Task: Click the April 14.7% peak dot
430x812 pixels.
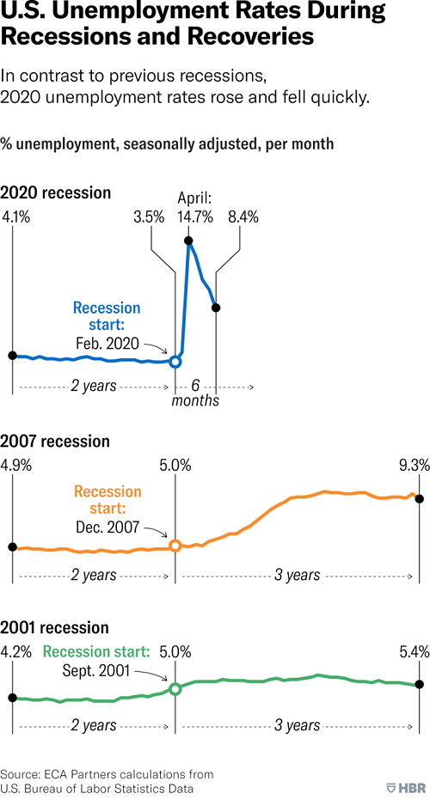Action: point(188,241)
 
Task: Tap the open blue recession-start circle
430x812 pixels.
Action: point(175,362)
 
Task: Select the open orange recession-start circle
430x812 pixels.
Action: point(175,546)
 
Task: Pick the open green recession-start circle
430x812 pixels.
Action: point(175,689)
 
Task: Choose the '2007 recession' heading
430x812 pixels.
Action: point(55,442)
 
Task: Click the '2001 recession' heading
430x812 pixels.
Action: point(54,627)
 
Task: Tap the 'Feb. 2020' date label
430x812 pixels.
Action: point(107,345)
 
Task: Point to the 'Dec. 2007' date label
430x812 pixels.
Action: point(107,528)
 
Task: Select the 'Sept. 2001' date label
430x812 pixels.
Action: point(96,671)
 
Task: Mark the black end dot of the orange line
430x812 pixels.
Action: point(420,499)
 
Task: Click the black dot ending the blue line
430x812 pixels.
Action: point(216,308)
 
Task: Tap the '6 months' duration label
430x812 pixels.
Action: point(195,393)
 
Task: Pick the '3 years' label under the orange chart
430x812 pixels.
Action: point(298,576)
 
